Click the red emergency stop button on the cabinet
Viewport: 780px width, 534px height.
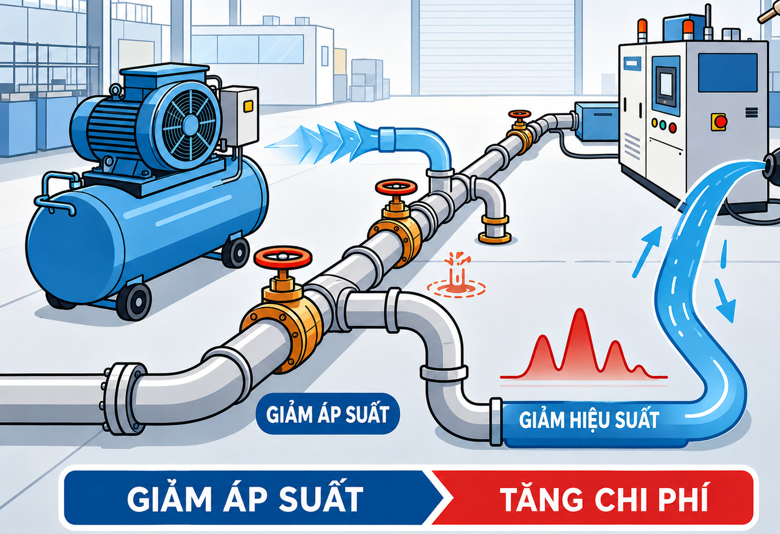click(720, 121)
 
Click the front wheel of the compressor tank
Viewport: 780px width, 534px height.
click(134, 301)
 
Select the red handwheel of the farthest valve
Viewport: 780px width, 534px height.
click(519, 114)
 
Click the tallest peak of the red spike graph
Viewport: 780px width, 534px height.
click(579, 310)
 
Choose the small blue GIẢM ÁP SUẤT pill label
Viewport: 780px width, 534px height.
click(327, 414)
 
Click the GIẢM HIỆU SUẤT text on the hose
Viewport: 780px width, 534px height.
click(589, 420)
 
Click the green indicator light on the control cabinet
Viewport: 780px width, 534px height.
click(663, 124)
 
